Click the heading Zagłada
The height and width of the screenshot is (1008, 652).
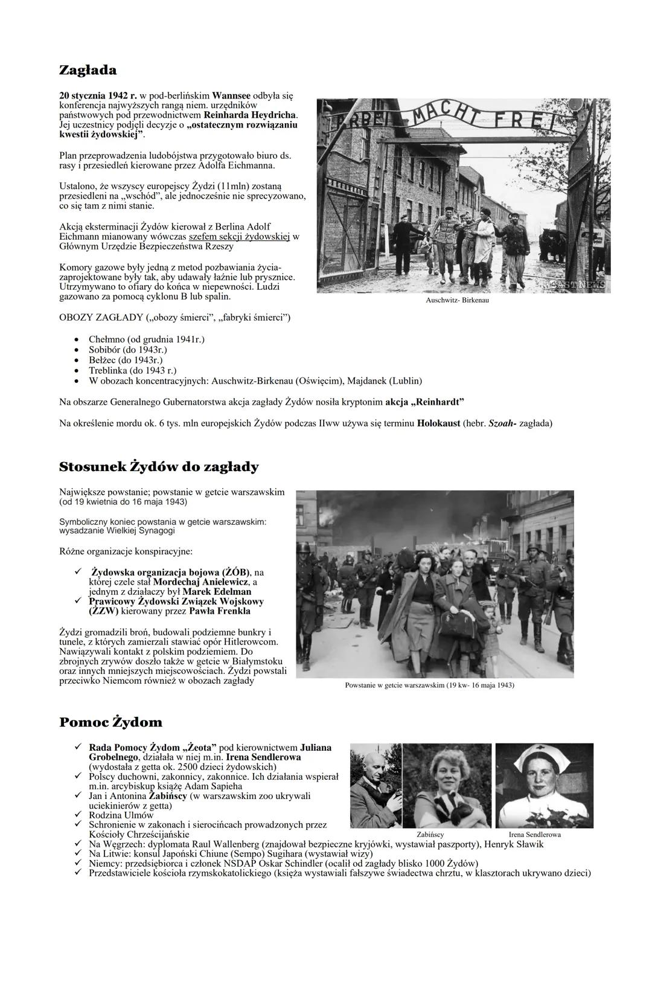[88, 71]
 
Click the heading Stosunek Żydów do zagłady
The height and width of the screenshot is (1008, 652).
[159, 467]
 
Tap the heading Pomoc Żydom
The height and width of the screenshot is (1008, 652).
[110, 722]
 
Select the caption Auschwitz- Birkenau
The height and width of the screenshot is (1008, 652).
[457, 300]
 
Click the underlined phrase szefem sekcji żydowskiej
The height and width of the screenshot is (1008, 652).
[240, 236]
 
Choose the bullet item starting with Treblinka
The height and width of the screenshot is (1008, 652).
[132, 370]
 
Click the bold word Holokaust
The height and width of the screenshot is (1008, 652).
[438, 423]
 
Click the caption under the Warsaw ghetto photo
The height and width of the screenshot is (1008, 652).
[429, 685]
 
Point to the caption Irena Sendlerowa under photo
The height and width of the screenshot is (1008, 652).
[534, 835]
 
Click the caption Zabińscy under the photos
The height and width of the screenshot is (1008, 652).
[430, 835]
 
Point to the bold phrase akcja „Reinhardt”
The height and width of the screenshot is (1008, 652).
[424, 402]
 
